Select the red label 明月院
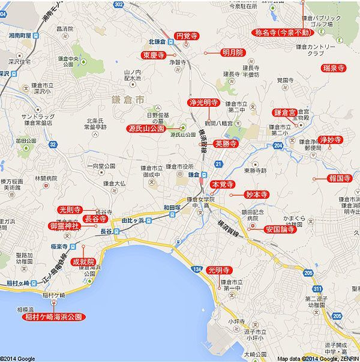click(x=232, y=53)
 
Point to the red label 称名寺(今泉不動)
click(x=282, y=32)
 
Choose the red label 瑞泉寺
click(x=333, y=67)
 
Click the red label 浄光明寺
click(x=203, y=103)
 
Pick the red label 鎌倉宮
click(x=285, y=112)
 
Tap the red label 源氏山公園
click(x=146, y=128)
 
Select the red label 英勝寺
click(x=226, y=144)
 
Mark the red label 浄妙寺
click(x=331, y=139)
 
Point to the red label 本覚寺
click(x=223, y=184)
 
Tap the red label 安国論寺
click(x=280, y=229)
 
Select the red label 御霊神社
click(x=64, y=226)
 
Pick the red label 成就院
click(x=83, y=262)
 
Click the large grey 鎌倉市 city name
click(x=128, y=98)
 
